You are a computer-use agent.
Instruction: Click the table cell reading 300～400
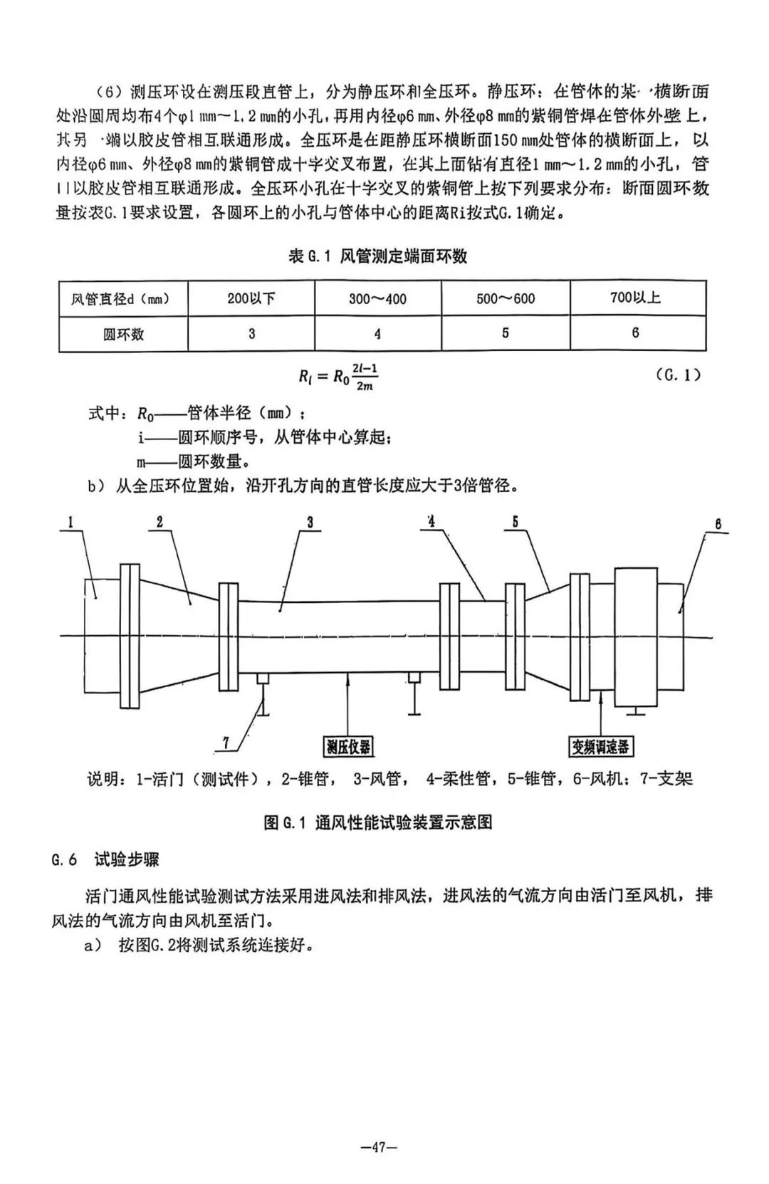(x=377, y=298)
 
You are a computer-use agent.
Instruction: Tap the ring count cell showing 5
(x=506, y=333)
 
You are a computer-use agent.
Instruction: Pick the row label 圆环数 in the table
(x=123, y=333)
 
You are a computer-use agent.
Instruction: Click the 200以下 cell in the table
(x=251, y=298)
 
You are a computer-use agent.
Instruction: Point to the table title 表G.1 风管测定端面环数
(x=377, y=256)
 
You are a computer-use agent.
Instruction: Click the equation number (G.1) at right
(x=677, y=375)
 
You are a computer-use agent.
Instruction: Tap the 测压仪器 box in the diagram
(x=348, y=746)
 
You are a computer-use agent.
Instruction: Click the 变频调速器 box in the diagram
(x=601, y=746)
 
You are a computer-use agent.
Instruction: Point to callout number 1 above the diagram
(x=71, y=523)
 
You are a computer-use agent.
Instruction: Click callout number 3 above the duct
(x=310, y=522)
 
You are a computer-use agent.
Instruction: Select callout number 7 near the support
(x=226, y=743)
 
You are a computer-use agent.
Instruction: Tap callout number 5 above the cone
(x=515, y=522)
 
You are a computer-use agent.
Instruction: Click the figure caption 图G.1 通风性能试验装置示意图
(x=378, y=822)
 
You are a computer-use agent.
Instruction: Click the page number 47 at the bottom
(x=378, y=1147)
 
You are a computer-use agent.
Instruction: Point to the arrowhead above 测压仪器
(x=348, y=678)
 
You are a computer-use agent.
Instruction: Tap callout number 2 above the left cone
(x=159, y=522)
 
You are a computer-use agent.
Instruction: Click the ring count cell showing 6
(x=635, y=332)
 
